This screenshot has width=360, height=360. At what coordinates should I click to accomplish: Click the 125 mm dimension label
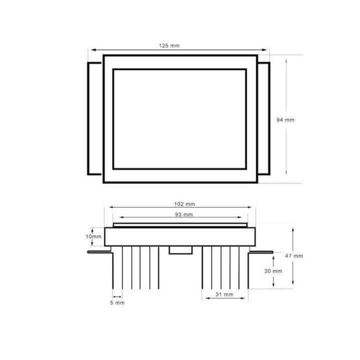169,45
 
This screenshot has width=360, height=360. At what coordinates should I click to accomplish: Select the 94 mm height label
285,119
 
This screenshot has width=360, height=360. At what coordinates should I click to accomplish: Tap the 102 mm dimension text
184,204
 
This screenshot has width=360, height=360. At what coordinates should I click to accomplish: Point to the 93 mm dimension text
184,214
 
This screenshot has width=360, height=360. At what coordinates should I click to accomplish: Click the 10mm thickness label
94,236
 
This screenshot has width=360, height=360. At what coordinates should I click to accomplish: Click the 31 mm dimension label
224,294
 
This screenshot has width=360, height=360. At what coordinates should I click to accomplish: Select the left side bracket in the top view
95,118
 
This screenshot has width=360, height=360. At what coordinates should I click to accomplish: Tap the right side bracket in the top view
264,118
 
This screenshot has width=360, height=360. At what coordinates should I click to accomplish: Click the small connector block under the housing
180,250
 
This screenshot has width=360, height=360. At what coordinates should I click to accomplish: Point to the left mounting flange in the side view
98,252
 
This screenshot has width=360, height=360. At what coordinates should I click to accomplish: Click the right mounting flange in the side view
261,252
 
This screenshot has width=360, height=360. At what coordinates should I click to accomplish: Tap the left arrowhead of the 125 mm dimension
90,49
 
